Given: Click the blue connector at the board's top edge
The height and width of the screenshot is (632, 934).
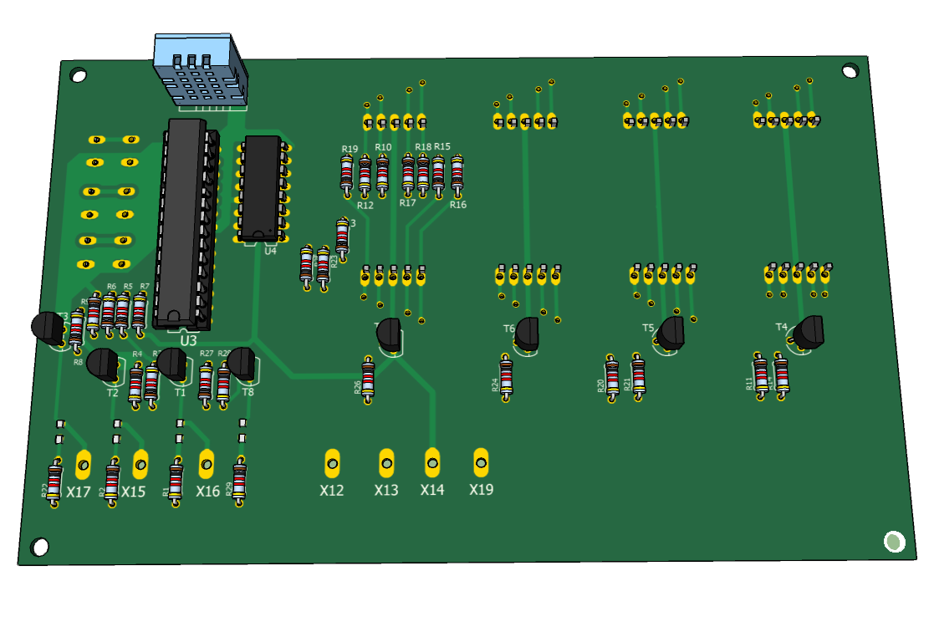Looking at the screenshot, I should click(x=200, y=70).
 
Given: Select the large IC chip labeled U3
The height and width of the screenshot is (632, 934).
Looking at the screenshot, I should click(x=184, y=222).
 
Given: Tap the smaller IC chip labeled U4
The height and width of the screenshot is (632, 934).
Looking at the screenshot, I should click(x=262, y=185).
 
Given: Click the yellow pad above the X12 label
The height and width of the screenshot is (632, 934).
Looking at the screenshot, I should click(x=333, y=461).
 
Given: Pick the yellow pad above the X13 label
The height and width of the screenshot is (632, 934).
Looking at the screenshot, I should click(x=386, y=460).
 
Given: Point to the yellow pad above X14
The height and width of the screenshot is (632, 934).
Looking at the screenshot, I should click(x=432, y=459).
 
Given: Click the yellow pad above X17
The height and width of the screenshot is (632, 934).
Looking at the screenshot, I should click(x=84, y=461).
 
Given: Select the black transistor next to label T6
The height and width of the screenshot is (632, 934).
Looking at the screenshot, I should click(x=528, y=334).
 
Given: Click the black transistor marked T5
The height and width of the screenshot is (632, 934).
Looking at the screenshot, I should click(x=671, y=333).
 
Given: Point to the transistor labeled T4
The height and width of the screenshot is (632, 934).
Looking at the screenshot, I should click(x=809, y=332).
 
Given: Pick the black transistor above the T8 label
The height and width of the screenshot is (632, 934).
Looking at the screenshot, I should click(x=242, y=362).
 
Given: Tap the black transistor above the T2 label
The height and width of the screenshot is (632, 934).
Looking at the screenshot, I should click(x=103, y=364).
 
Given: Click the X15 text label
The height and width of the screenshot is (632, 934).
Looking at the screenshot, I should click(x=133, y=492).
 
